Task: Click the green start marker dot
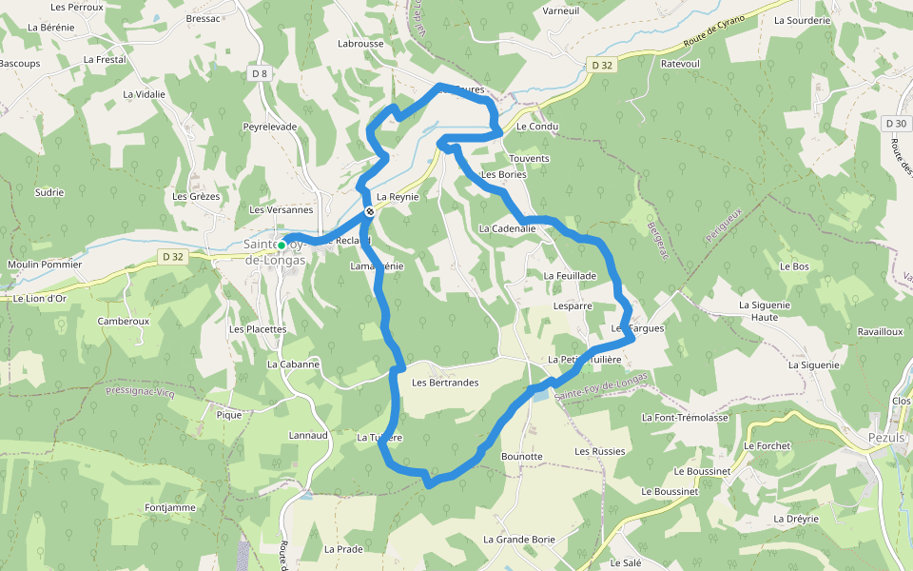(x=282, y=245)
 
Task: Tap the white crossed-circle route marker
(x=369, y=212)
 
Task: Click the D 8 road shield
(x=261, y=73)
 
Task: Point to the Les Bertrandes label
(x=445, y=383)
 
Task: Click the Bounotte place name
(x=521, y=457)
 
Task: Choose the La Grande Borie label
(x=518, y=540)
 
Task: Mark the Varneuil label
(x=560, y=10)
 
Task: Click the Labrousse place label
(x=360, y=44)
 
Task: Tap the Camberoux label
(x=124, y=322)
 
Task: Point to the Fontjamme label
(x=170, y=508)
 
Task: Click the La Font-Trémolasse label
(x=685, y=418)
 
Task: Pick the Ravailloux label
(x=852, y=332)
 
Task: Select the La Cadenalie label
(x=508, y=228)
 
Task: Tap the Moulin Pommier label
(x=45, y=265)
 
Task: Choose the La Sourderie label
(x=802, y=19)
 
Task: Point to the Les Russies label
(x=600, y=451)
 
